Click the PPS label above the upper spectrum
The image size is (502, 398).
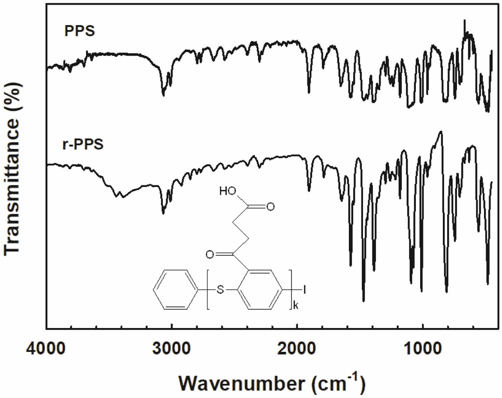click(79, 31)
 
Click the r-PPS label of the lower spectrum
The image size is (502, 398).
click(83, 144)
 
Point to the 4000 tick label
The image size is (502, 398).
click(46, 349)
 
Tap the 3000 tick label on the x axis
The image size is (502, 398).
click(171, 349)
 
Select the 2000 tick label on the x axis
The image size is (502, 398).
click(297, 349)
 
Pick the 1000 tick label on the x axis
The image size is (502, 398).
click(423, 349)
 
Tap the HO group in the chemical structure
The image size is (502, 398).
click(228, 192)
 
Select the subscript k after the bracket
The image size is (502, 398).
click(296, 306)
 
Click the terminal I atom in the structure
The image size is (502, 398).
click(304, 289)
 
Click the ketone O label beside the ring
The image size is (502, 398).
click(210, 255)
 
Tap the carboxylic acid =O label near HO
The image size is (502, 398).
click(270, 206)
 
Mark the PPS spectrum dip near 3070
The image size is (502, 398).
click(163, 95)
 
